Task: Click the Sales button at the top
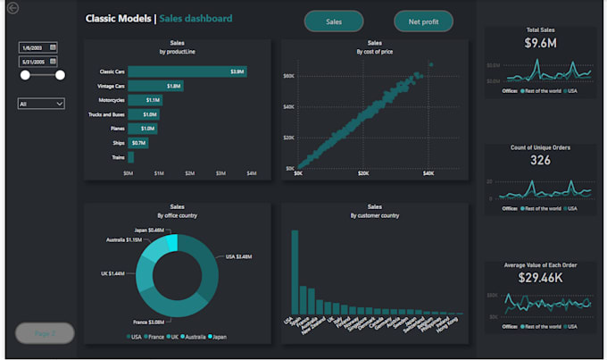click(333, 21)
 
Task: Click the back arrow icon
click(12, 8)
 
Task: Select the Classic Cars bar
click(187, 71)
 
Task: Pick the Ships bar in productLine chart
click(138, 143)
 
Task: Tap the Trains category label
click(117, 157)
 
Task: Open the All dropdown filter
click(41, 104)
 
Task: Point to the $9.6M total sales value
click(539, 43)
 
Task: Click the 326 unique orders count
click(540, 161)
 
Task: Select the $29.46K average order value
click(539, 278)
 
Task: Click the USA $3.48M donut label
click(238, 256)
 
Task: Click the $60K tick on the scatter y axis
click(289, 76)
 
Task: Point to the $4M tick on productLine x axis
click(251, 173)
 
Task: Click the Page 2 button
click(45, 333)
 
